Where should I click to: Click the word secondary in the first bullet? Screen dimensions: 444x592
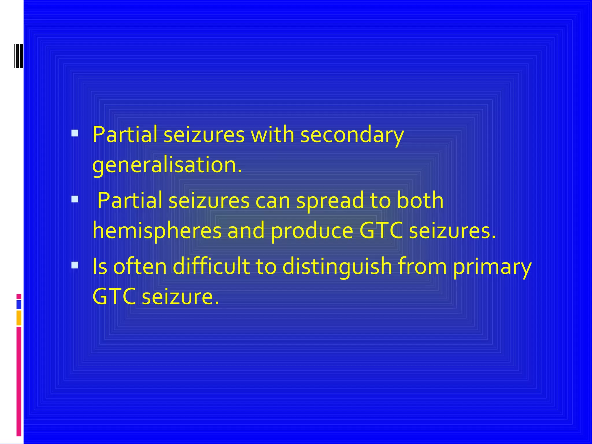click(352, 135)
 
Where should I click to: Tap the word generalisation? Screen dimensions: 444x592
click(167, 165)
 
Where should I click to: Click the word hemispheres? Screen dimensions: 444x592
click(157, 231)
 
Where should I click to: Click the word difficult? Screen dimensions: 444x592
click(211, 267)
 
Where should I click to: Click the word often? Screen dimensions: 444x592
click(140, 267)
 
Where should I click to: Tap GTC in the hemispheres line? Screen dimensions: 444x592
click(381, 231)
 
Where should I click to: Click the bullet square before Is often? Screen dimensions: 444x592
click(75, 265)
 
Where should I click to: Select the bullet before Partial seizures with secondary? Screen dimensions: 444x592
click(75, 133)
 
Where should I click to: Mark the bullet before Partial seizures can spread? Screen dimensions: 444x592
click(75, 199)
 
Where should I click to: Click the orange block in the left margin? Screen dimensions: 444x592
click(19, 318)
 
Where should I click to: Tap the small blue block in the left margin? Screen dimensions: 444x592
click(19, 305)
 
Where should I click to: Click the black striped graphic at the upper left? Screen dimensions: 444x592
click(18, 56)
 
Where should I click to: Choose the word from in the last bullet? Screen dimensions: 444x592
click(422, 267)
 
